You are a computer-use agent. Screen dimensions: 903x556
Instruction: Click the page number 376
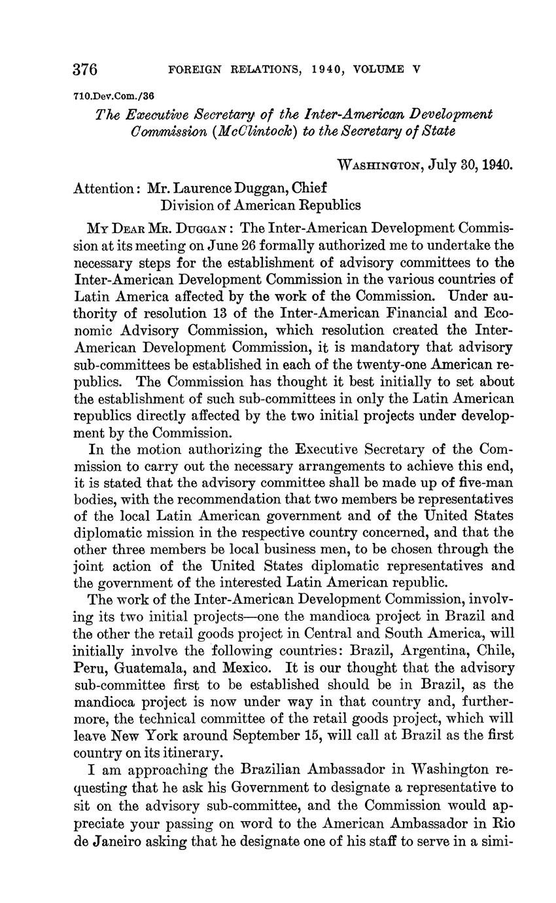85,69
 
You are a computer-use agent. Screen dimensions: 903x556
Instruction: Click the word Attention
103,188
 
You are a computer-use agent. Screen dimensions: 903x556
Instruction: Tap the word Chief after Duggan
308,188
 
